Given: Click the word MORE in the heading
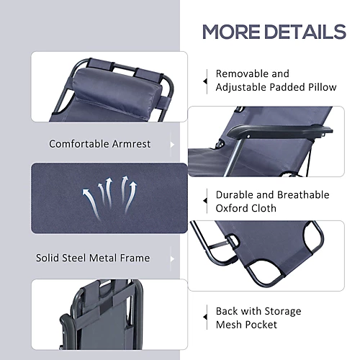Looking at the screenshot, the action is coord(231,32).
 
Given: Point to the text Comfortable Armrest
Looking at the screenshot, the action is coord(100,144).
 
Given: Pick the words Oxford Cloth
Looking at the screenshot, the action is coord(246,208).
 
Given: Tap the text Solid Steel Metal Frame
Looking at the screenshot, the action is coord(93,258).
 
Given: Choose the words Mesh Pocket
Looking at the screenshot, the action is coord(246,325).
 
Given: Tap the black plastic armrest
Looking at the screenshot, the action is coord(279,132).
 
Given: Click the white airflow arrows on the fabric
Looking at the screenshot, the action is coord(109,197).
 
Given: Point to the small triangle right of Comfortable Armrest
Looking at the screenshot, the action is coord(172,145).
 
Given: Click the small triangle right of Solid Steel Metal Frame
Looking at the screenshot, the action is coord(172,258).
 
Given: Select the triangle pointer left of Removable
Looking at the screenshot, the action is coord(205,81).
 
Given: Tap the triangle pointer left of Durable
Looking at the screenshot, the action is coord(205,201).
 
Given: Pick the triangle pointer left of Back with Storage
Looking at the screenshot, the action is coord(205,317).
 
